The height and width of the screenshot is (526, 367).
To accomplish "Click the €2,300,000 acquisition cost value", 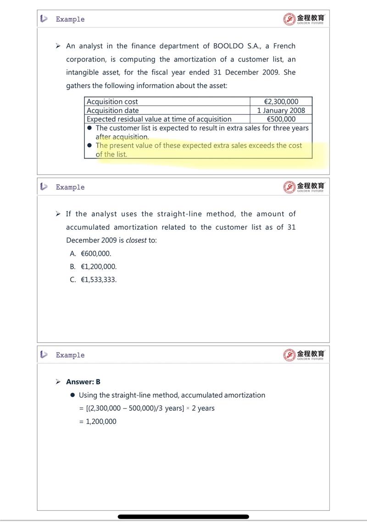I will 281,102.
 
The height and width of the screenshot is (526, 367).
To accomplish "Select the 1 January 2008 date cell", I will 281,110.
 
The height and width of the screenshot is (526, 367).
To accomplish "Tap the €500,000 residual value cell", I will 281,119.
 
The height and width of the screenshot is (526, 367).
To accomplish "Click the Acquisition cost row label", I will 112,102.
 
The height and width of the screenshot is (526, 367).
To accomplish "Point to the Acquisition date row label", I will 113,110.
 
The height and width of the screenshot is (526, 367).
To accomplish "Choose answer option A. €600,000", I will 91,254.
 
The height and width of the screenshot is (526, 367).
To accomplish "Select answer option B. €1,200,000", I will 94,266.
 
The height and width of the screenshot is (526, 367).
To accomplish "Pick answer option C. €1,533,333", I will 94,279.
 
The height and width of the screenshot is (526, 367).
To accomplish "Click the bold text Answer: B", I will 83,382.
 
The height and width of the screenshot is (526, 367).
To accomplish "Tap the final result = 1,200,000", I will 98,421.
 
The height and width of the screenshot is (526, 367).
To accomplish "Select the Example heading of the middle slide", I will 70,187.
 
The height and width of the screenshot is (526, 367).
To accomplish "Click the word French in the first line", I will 284,46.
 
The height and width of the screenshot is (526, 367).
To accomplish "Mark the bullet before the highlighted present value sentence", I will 90,146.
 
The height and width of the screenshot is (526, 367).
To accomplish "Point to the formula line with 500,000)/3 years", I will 147,408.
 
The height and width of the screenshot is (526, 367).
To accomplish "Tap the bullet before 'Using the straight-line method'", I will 72,395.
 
